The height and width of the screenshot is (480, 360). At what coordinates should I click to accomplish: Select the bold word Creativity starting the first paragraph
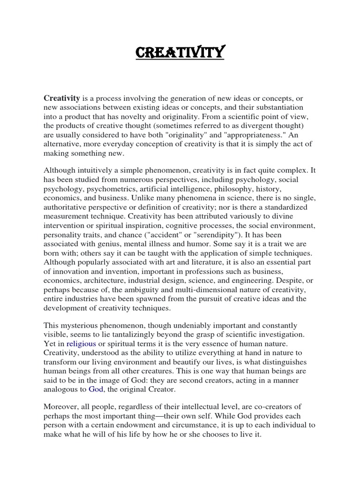pyautogui.click(x=62, y=97)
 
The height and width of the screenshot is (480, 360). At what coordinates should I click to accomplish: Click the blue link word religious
pyautogui.click(x=82, y=343)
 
